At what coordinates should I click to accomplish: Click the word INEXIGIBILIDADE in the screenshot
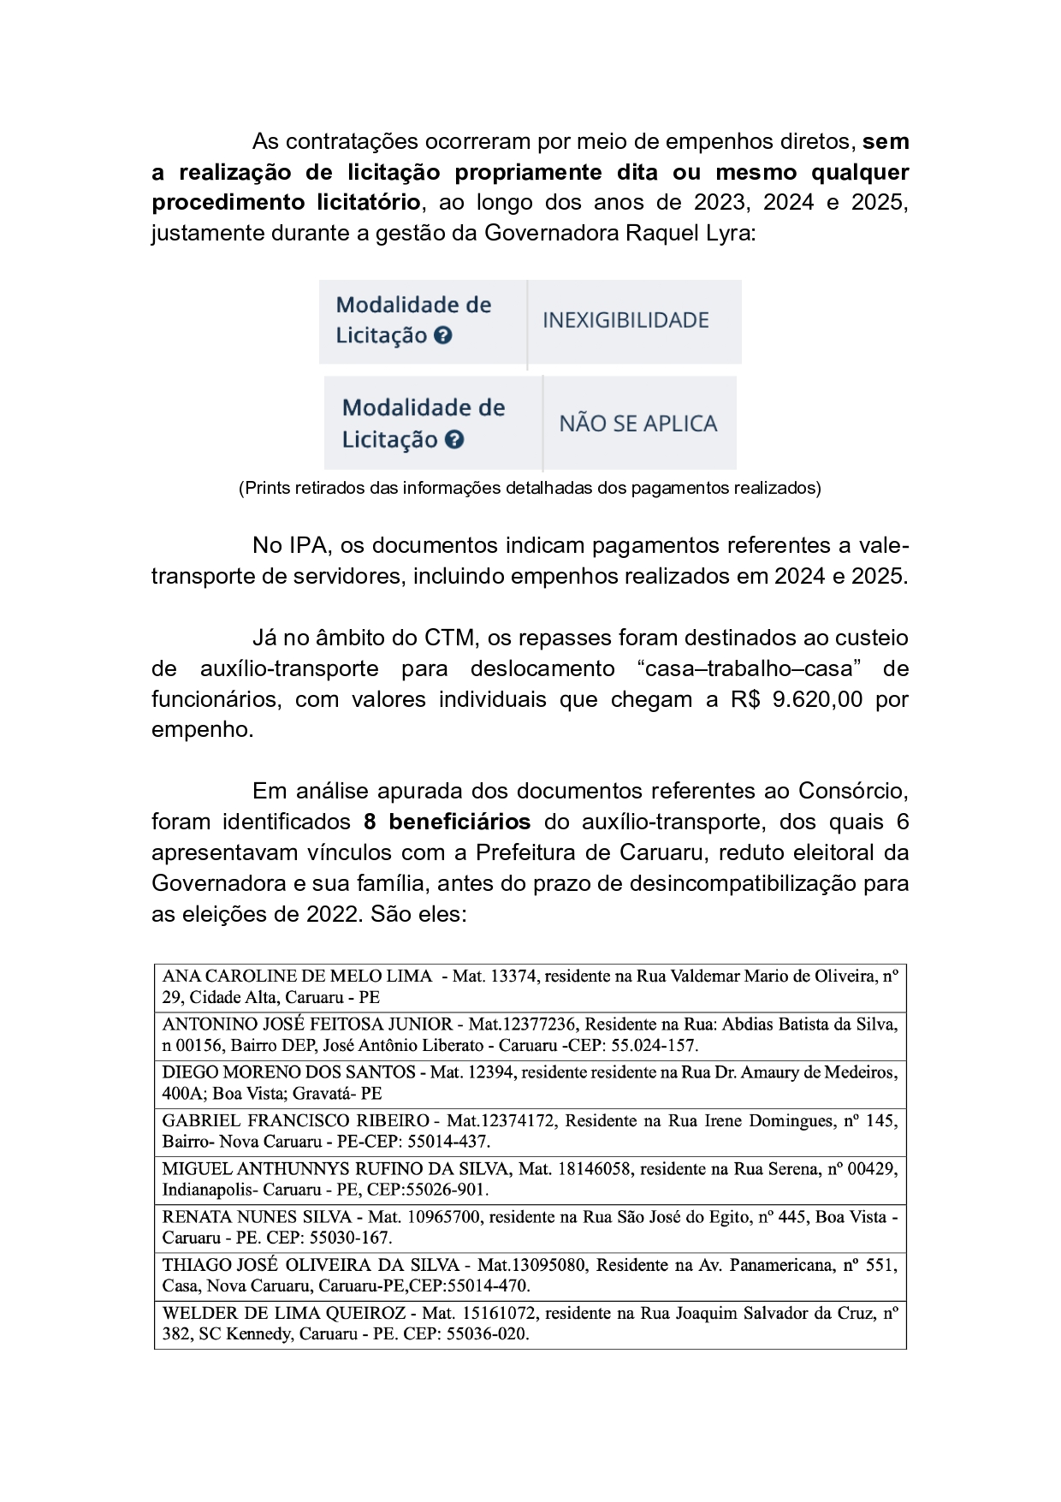[x=625, y=321]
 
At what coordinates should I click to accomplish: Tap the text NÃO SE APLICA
[x=637, y=424]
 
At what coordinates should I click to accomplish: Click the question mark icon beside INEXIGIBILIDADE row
[x=442, y=335]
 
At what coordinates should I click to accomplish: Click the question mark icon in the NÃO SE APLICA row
[x=454, y=440]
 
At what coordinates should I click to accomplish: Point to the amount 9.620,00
[x=817, y=699]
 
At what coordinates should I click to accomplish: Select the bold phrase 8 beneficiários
[x=447, y=822]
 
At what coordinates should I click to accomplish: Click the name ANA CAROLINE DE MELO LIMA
[x=297, y=977]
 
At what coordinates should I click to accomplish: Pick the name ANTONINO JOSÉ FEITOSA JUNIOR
[x=307, y=1024]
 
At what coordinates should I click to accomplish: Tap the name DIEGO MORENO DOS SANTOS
[x=288, y=1072]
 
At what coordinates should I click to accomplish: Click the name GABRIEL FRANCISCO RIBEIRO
[x=295, y=1120]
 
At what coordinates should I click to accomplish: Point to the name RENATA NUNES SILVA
[x=257, y=1217]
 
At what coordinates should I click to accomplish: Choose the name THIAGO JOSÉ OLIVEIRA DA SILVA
[x=311, y=1265]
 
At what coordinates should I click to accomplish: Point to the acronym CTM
[x=449, y=638]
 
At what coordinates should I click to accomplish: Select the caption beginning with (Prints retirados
[x=530, y=489]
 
